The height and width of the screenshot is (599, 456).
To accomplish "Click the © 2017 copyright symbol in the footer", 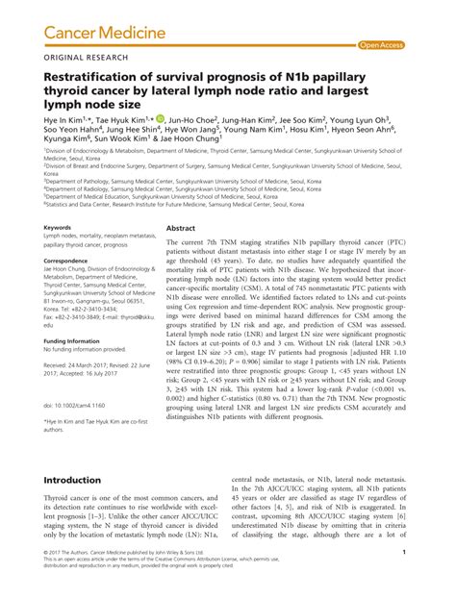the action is pos(47,578).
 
